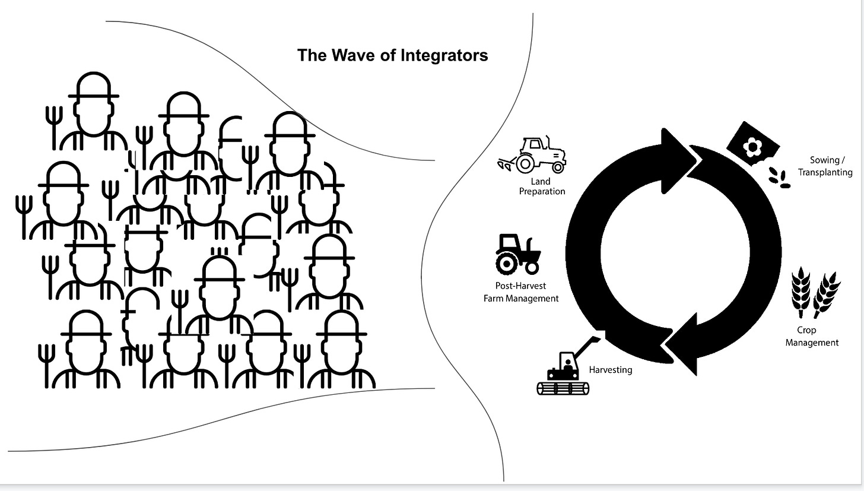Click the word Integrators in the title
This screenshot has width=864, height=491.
pyautogui.click(x=444, y=55)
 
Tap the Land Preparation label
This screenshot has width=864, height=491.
pyautogui.click(x=542, y=186)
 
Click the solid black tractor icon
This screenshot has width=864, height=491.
pyautogui.click(x=517, y=254)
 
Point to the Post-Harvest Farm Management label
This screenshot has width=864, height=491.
pyautogui.click(x=521, y=292)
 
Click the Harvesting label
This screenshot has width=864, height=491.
pyautogui.click(x=610, y=370)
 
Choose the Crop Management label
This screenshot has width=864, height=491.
pyautogui.click(x=811, y=337)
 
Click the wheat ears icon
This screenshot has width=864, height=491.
pyautogui.click(x=815, y=292)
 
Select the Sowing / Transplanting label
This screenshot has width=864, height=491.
pyautogui.click(x=825, y=166)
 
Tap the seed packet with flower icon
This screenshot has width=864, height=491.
pyautogui.click(x=752, y=142)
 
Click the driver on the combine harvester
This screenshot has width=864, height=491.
pyautogui.click(x=567, y=363)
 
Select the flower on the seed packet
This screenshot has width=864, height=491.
pyautogui.click(x=752, y=146)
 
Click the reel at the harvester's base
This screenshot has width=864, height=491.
pyautogui.click(x=564, y=388)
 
